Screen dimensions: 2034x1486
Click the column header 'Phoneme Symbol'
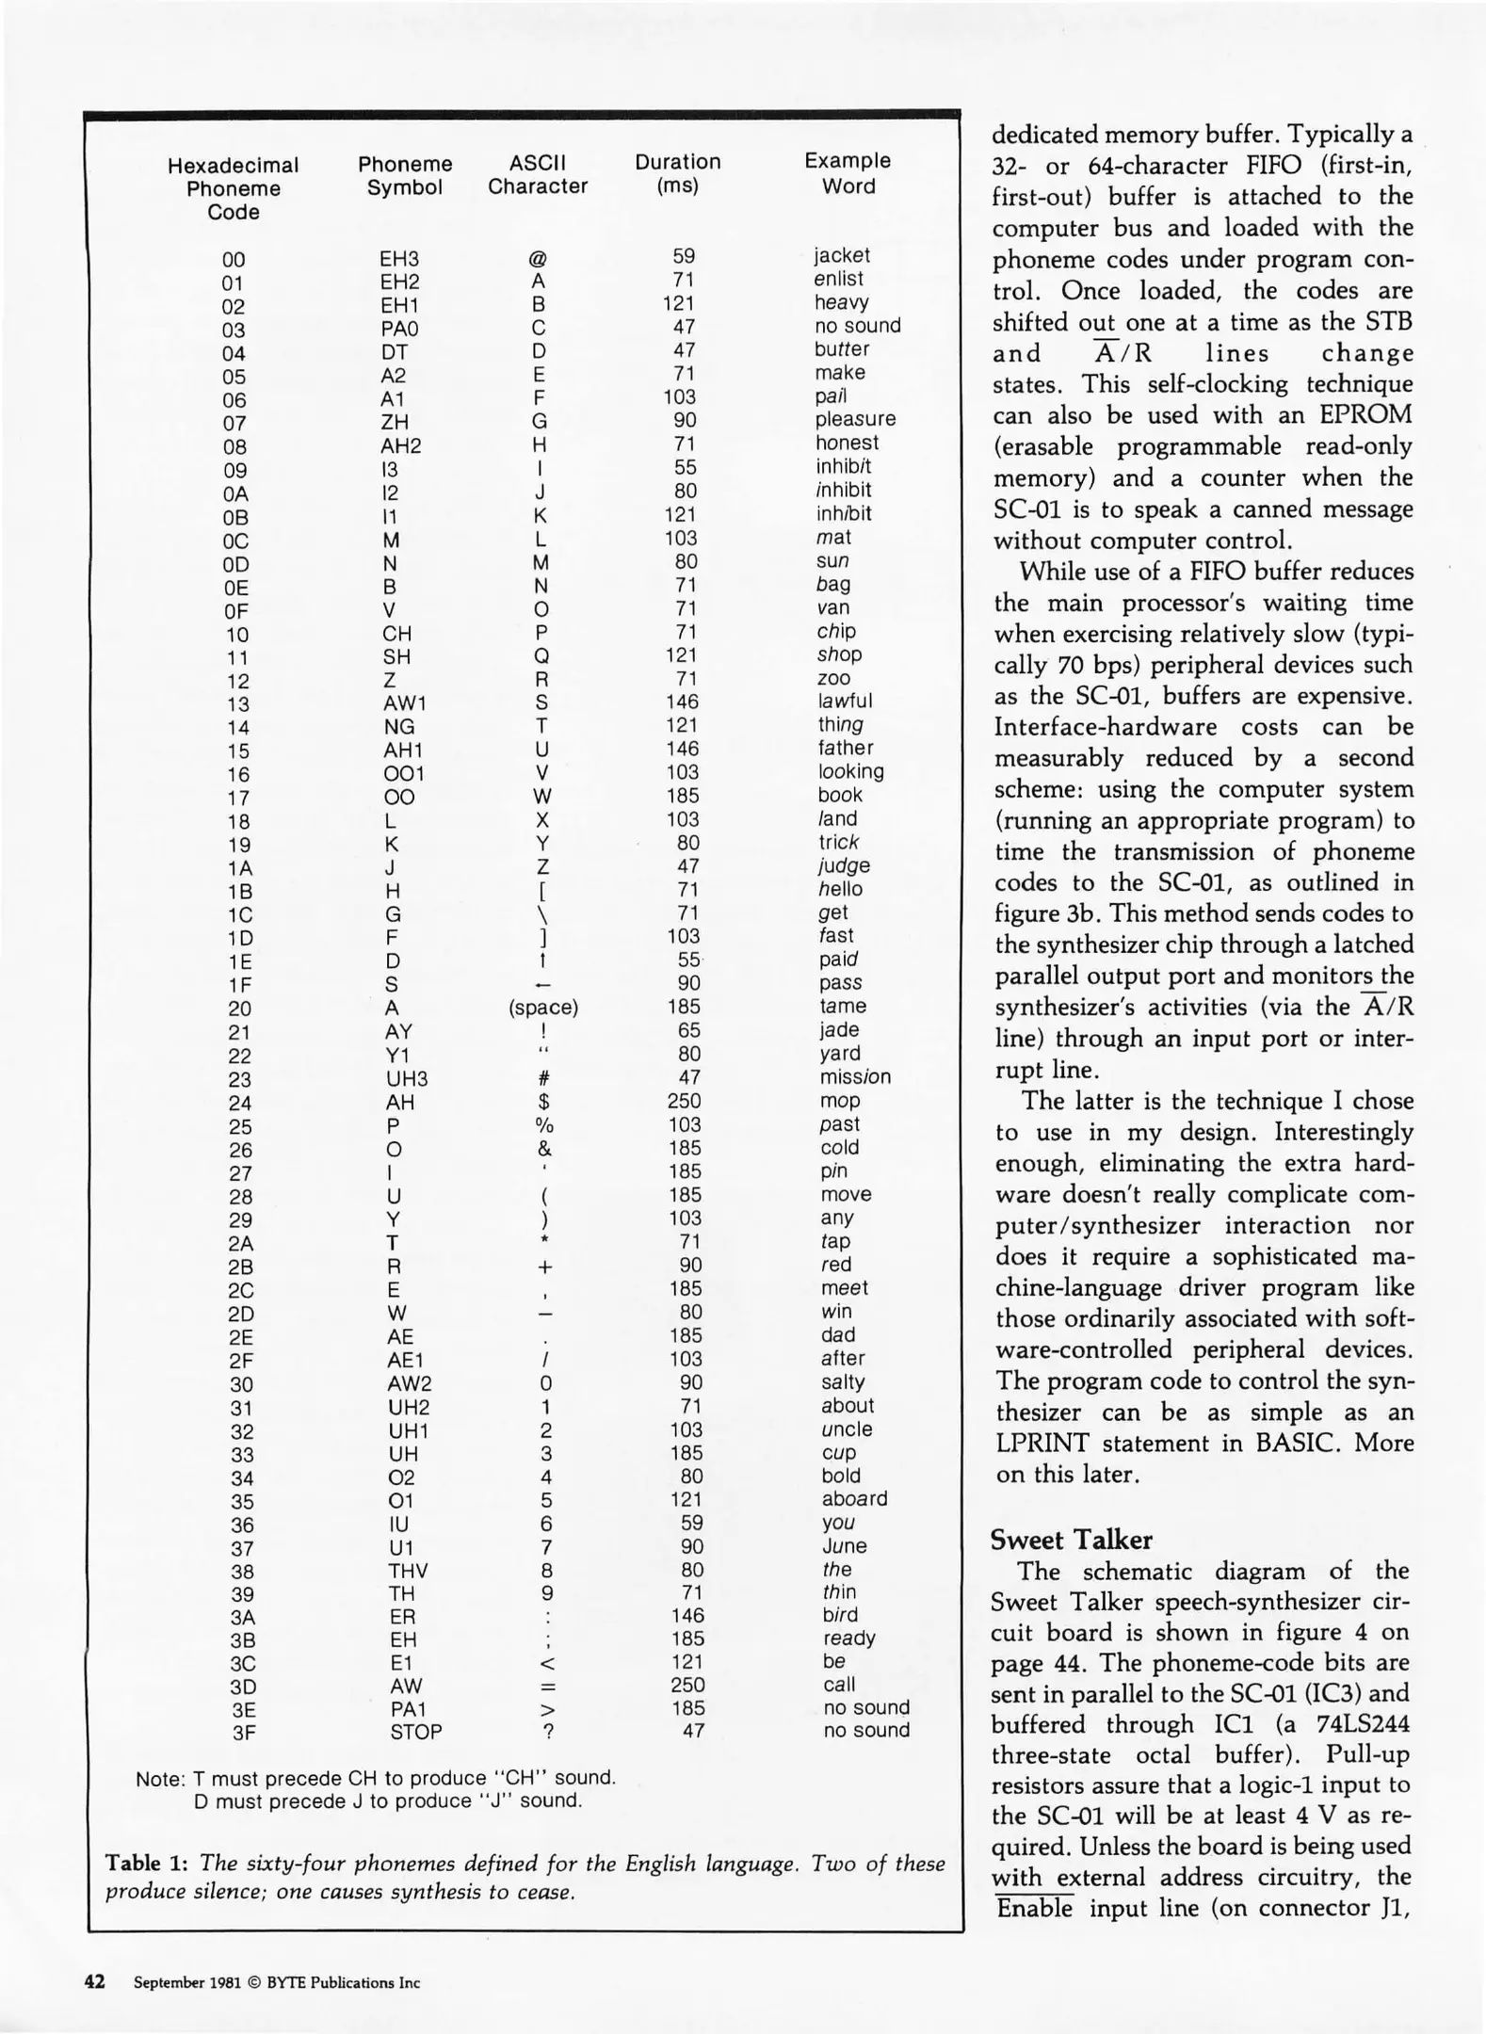[x=405, y=176]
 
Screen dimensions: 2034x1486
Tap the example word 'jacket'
[x=842, y=255]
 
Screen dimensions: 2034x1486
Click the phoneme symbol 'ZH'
[x=395, y=423]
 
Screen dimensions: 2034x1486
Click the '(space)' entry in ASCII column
[x=542, y=1008]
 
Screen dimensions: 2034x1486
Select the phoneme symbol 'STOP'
[x=415, y=1732]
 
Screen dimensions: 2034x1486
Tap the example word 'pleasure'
[x=855, y=419]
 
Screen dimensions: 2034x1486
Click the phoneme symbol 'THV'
[x=408, y=1571]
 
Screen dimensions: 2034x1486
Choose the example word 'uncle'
[x=847, y=1429]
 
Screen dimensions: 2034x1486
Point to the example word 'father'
[x=846, y=748]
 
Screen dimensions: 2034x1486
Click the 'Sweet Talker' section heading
[x=1071, y=1540]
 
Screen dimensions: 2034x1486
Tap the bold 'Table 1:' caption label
[x=146, y=1864]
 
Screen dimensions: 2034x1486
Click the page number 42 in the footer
[x=94, y=1981]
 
